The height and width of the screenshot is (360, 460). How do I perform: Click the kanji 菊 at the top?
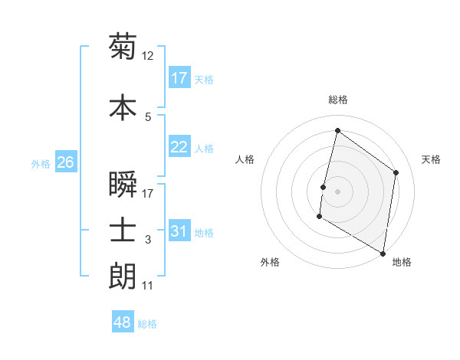coord(123,47)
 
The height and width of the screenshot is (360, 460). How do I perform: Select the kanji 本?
coord(123,106)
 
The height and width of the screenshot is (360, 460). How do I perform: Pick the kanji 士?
coord(123,230)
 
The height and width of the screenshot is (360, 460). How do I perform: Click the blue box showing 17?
coord(179,78)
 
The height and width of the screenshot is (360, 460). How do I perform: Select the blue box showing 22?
coord(179,147)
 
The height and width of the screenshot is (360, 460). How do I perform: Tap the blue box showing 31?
coord(179,231)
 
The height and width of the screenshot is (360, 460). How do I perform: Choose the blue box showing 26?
coord(65,162)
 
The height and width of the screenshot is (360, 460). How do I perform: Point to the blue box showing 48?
coord(123,322)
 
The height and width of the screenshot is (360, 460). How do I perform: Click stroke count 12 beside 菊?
coord(148,56)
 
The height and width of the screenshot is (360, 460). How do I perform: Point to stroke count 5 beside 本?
coord(148,116)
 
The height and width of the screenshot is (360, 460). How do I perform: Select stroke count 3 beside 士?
coord(148,240)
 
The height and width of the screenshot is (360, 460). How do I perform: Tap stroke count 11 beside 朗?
coord(148,286)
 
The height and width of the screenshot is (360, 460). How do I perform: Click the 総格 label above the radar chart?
coord(337,100)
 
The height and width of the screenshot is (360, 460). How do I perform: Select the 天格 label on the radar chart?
coord(431,159)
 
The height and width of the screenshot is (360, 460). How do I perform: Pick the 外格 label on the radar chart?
coord(270,262)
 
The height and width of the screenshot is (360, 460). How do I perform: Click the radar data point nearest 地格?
coord(383,253)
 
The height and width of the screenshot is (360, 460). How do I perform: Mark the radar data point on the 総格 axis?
coord(337,131)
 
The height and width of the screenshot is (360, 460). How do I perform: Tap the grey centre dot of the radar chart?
coord(337,191)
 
